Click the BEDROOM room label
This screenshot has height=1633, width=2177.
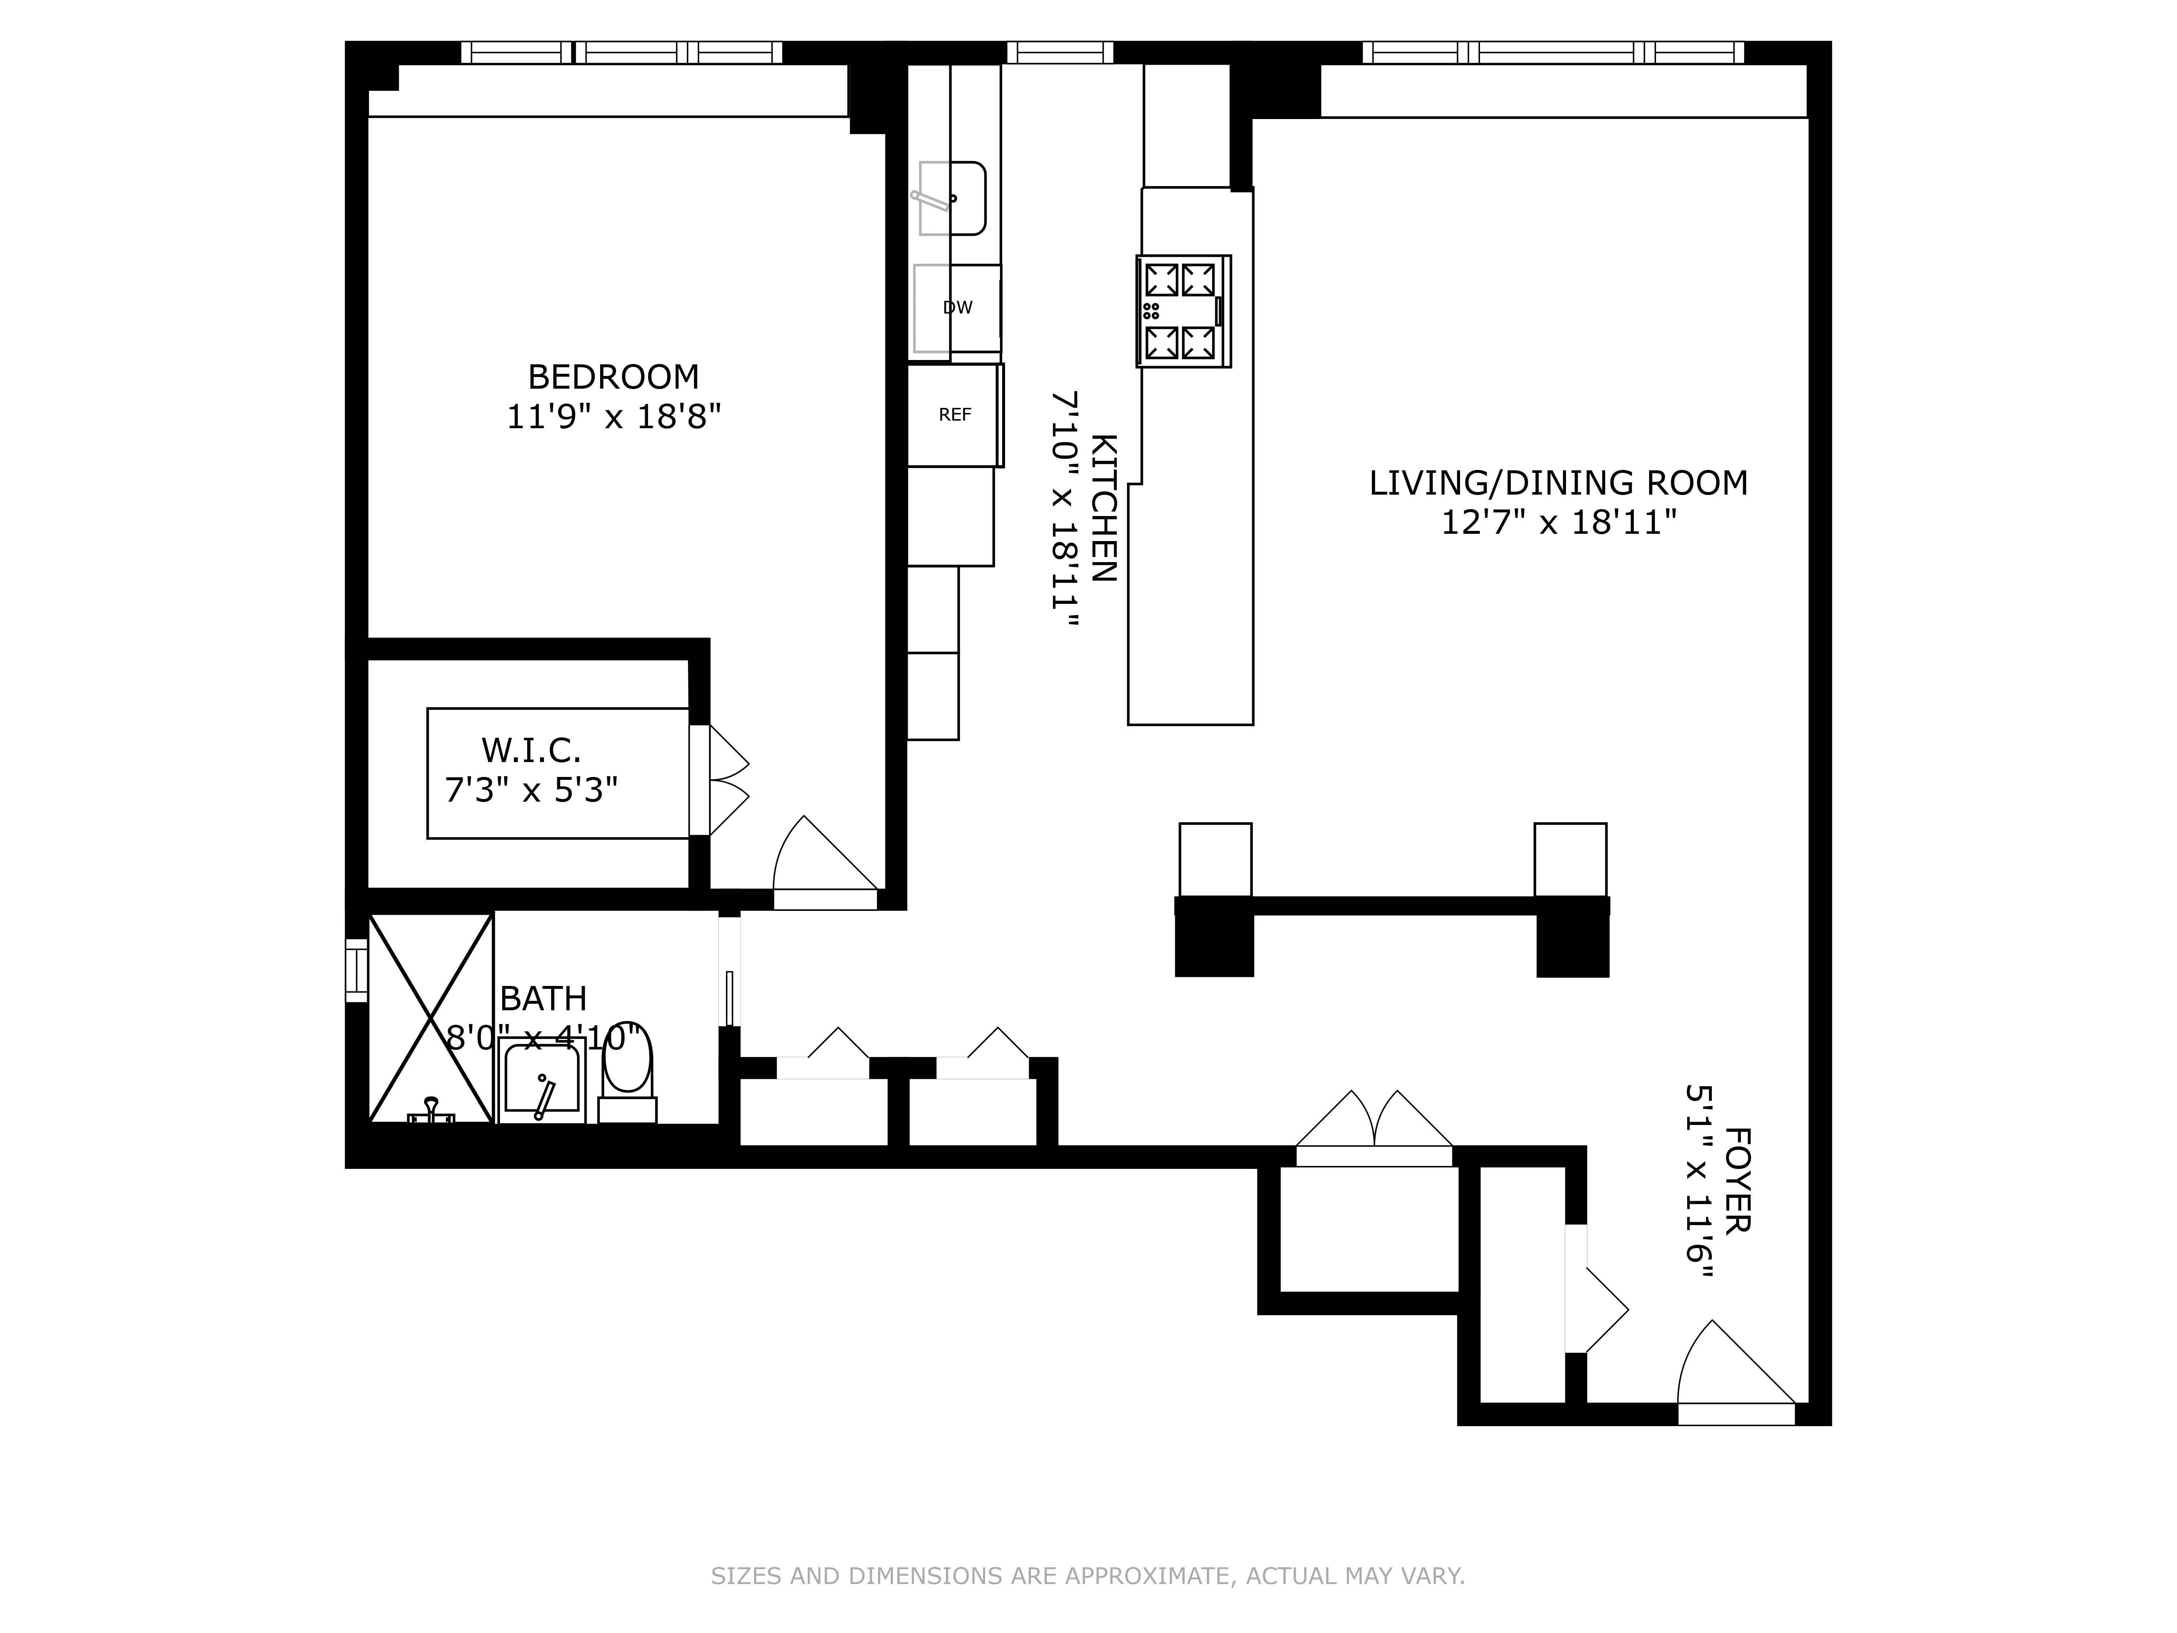tap(613, 377)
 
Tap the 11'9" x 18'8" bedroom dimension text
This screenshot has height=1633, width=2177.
tap(613, 417)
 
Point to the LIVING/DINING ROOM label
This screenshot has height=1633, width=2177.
tap(1558, 483)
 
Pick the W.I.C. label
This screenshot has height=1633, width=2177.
tap(530, 751)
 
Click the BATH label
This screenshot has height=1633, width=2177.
tap(543, 999)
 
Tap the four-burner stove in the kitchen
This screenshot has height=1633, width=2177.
tap(1182, 311)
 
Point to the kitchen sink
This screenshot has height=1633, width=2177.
tap(952, 199)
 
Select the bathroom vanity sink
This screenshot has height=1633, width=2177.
tap(541, 1081)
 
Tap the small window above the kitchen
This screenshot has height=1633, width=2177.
tap(1059, 52)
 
